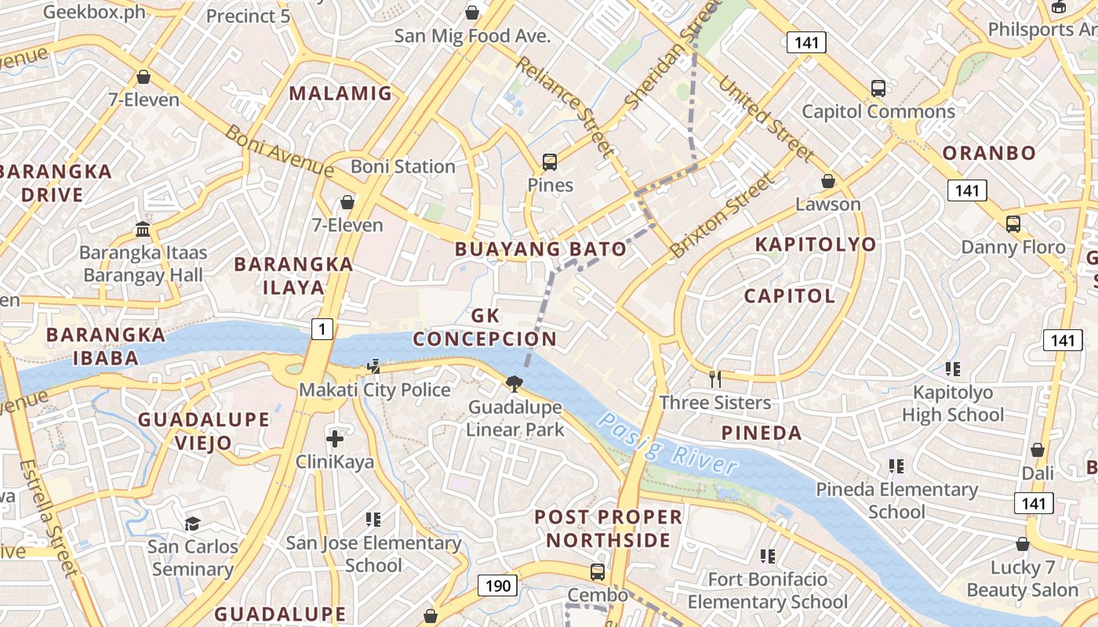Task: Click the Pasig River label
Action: click(667, 443)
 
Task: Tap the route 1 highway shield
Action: click(322, 330)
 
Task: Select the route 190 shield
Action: click(497, 585)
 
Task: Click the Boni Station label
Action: click(402, 166)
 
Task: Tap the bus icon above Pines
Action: click(550, 162)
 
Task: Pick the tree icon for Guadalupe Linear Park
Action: click(514, 383)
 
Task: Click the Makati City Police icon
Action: click(375, 366)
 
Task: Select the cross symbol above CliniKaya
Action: click(335, 438)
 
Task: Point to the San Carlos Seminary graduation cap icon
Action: click(192, 523)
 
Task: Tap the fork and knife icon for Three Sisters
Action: click(714, 379)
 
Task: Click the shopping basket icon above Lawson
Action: click(827, 182)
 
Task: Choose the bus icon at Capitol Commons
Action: click(878, 89)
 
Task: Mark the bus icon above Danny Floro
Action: click(1013, 224)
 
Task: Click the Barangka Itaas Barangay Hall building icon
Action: click(143, 229)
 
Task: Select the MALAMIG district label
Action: click(340, 94)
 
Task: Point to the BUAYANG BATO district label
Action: click(542, 249)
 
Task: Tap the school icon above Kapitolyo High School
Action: click(953, 368)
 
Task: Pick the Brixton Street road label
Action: click(722, 216)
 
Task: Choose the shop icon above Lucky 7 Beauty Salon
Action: click(1023, 544)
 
